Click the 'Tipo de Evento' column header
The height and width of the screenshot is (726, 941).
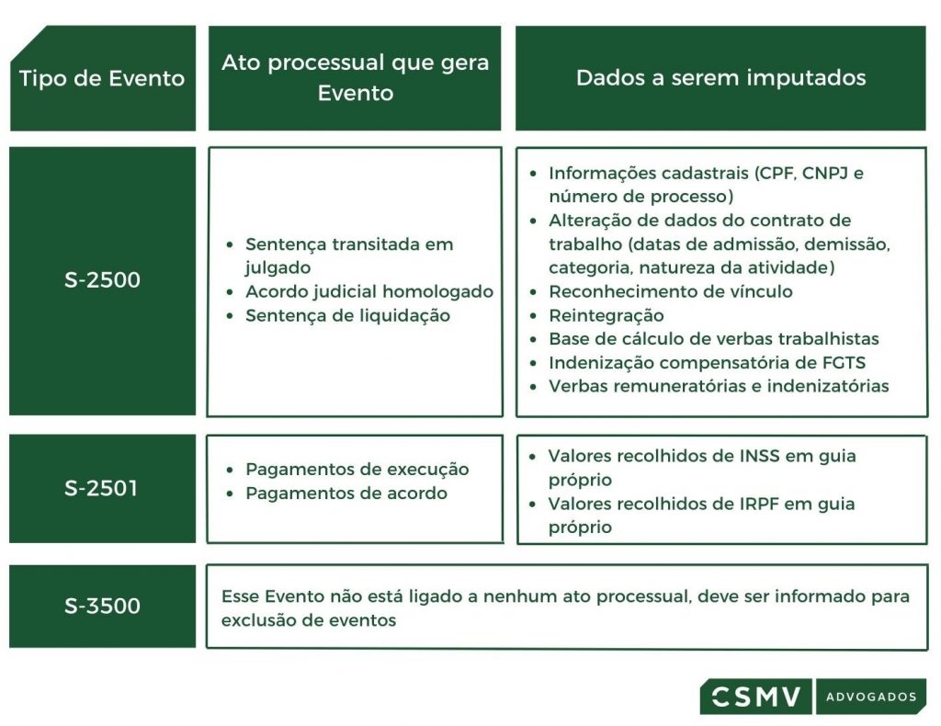pos(102,78)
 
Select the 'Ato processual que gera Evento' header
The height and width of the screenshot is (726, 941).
pos(355,78)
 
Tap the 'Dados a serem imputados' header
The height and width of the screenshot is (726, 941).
pos(720,78)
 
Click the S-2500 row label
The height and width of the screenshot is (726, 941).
pos(102,280)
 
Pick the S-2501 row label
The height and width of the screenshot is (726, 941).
pos(102,488)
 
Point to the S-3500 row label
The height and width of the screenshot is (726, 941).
pos(102,606)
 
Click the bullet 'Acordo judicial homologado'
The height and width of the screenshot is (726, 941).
pos(368,292)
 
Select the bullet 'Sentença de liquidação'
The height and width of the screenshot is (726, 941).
pos(347,315)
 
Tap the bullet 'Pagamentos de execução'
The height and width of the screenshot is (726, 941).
pos(357,470)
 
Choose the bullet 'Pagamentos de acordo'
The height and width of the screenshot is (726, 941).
pos(346,493)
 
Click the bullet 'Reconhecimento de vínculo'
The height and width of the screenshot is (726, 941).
pos(670,291)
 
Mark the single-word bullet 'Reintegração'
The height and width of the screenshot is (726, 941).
pos(606,315)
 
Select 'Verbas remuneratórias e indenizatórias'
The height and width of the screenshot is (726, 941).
pos(718,386)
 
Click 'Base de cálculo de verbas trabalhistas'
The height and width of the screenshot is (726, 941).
pos(713,339)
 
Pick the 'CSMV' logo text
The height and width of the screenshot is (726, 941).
pos(756,696)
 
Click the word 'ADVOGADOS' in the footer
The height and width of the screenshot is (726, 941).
pos(870,697)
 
